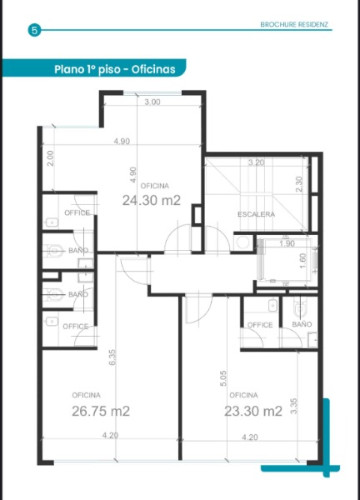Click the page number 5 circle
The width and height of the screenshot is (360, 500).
[x=34, y=31]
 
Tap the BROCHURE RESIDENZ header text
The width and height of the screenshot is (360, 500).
[x=294, y=24]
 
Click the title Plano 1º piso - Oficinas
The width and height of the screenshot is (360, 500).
[x=115, y=69]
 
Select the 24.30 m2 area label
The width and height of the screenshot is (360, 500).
[x=152, y=200]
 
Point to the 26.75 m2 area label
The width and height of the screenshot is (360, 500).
[x=101, y=411]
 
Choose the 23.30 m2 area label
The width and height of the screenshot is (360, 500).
[x=253, y=411]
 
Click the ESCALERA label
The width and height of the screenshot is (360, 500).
[x=257, y=214]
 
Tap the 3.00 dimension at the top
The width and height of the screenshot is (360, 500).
[x=152, y=102]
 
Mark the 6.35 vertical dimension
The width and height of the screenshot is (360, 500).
[x=112, y=357]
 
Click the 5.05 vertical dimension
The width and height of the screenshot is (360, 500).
[x=223, y=378]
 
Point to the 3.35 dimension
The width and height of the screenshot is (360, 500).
[x=294, y=406]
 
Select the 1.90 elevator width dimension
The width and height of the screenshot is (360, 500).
[x=287, y=243]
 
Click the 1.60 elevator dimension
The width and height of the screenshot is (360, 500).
[x=303, y=261]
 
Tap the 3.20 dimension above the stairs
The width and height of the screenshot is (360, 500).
[x=257, y=162]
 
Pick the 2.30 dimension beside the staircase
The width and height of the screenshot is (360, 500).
[x=299, y=184]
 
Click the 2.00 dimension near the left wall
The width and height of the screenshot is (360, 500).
[x=50, y=158]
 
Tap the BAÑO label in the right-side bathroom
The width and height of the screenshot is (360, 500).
[x=302, y=324]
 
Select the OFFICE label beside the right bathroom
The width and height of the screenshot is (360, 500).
[x=260, y=325]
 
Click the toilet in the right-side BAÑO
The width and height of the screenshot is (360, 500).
[x=300, y=307]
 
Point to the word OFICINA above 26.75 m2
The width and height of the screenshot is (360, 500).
[x=86, y=395]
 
